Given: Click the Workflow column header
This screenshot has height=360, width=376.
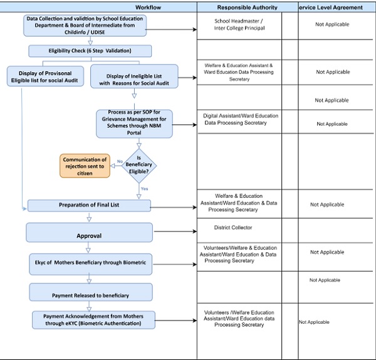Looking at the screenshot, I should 98,7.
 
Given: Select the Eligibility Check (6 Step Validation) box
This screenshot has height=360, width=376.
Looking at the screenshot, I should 90,51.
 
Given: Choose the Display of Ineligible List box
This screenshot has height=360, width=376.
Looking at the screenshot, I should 134,77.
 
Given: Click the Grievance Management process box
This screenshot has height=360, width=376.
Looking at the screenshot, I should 133,122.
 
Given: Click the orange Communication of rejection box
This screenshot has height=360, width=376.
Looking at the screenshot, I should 85,166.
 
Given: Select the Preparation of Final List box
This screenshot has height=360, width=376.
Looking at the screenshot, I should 89,205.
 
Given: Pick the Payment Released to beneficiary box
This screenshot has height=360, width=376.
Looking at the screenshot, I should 90,292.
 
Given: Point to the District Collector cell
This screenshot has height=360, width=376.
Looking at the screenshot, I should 232,228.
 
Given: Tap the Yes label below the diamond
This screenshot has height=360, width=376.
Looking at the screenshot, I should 144,188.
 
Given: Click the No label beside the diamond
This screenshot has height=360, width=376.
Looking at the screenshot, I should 119,161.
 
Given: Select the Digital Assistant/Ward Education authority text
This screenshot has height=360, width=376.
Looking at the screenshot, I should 241,119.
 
